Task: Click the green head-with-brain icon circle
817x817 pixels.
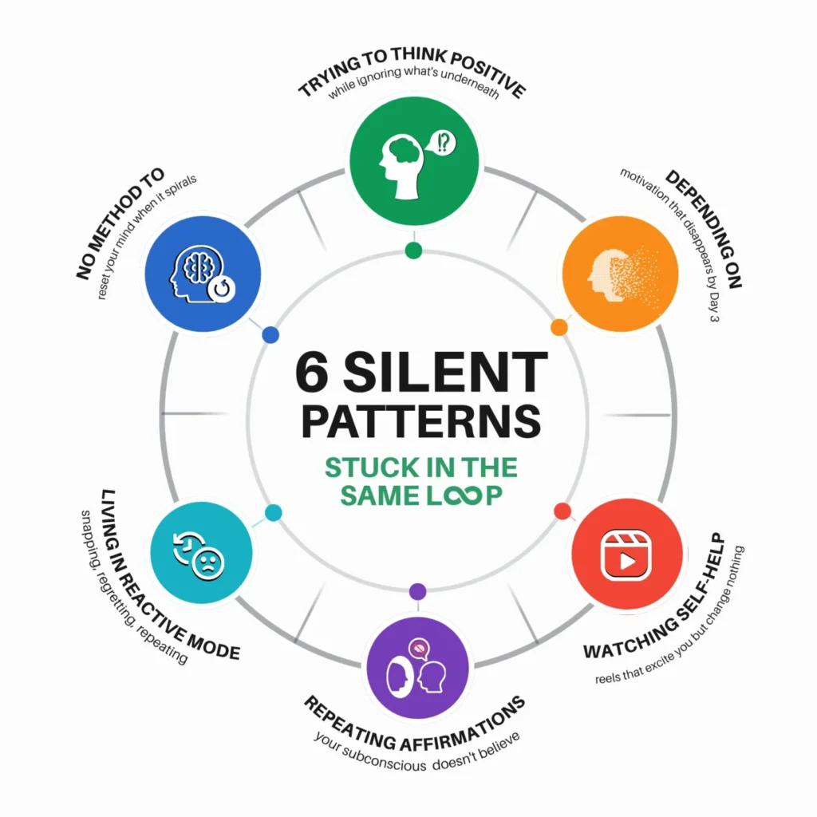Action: click(414, 161)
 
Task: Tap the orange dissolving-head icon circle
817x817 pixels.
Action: click(621, 274)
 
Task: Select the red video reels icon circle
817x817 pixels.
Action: click(627, 556)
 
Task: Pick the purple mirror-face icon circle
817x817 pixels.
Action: click(417, 668)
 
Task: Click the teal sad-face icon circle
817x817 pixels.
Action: click(201, 553)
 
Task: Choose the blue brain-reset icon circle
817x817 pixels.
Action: click(203, 274)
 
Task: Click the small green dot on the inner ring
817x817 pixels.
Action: click(413, 250)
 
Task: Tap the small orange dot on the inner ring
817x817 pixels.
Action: click(559, 327)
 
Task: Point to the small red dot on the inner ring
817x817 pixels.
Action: click(562, 511)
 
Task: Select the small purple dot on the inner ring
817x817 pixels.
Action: click(417, 591)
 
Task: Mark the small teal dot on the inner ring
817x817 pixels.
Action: click(273, 513)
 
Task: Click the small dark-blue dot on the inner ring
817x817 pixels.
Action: click(270, 334)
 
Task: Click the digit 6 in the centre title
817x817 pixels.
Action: click(312, 372)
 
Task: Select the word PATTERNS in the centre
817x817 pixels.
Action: click(421, 421)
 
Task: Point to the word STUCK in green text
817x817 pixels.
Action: click(365, 468)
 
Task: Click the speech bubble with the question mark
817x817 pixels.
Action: click(441, 142)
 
